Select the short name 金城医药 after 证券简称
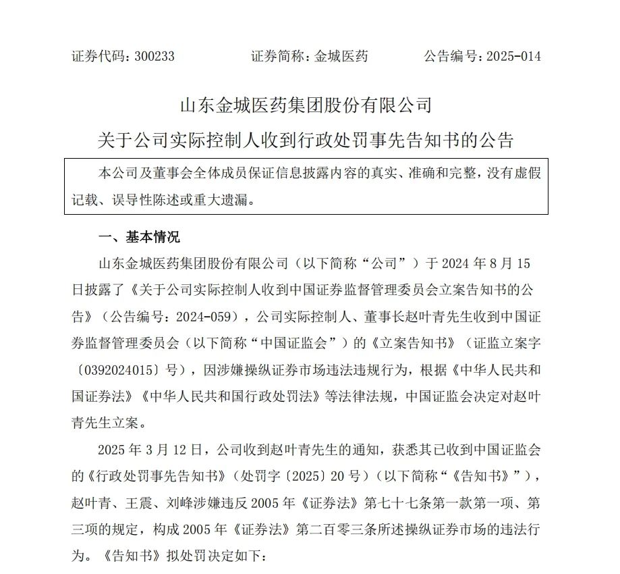click(341, 57)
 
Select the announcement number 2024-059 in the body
click(208, 314)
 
